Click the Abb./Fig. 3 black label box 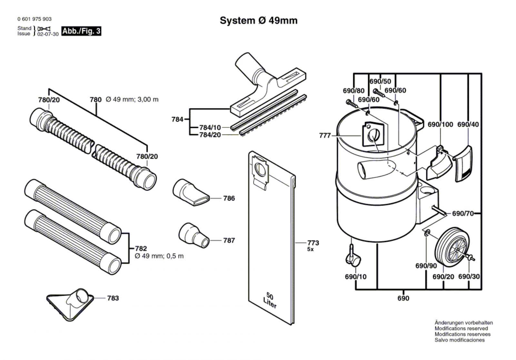pyautogui.click(x=81, y=31)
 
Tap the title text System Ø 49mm pyautogui.click(x=258, y=21)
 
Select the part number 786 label pyautogui.click(x=229, y=198)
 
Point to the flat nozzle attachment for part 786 pyautogui.click(x=191, y=192)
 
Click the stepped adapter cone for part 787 pyautogui.click(x=194, y=235)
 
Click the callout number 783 pyautogui.click(x=113, y=298)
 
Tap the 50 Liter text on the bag pyautogui.click(x=270, y=300)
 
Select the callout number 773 pyautogui.click(x=313, y=243)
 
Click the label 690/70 pyautogui.click(x=463, y=214)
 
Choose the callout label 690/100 pyautogui.click(x=440, y=125)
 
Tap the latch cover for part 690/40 pyautogui.click(x=463, y=164)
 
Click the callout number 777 pyautogui.click(x=325, y=135)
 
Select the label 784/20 pyautogui.click(x=210, y=135)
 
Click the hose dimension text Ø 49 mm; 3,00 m pyautogui.click(x=132, y=100)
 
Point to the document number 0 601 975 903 pyautogui.click(x=35, y=19)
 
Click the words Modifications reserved pyautogui.click(x=461, y=328)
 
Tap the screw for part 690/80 pyautogui.click(x=352, y=104)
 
